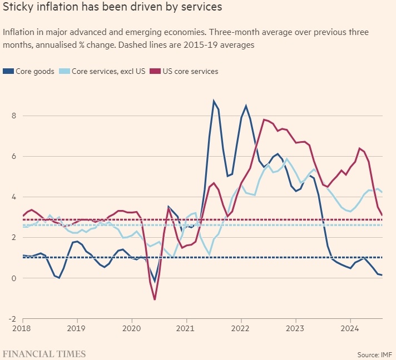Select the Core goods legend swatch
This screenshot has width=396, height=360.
click(x=7, y=71)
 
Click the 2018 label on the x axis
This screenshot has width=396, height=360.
click(x=23, y=329)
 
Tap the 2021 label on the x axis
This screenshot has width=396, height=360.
click(x=186, y=329)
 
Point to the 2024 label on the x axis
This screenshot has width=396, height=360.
click(x=350, y=329)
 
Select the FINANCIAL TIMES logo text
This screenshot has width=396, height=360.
click(x=44, y=353)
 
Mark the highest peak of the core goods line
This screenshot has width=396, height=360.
click(x=214, y=101)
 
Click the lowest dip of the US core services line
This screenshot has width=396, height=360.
click(x=154, y=299)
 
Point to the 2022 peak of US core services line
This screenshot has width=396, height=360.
click(x=264, y=119)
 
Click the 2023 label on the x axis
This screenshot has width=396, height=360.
click(x=295, y=329)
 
